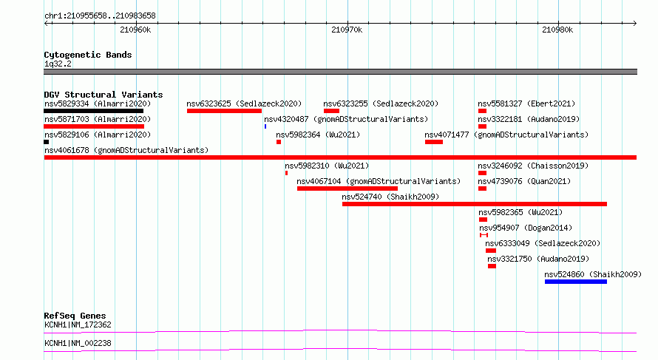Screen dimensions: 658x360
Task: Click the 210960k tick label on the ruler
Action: (135, 30)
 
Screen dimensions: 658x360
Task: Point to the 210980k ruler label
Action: (557, 30)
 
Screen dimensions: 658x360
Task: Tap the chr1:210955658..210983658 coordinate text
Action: (100, 16)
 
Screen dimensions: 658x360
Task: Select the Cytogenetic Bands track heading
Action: (88, 55)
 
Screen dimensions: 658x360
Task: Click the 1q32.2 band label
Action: (58, 64)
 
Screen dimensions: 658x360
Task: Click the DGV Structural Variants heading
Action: (104, 95)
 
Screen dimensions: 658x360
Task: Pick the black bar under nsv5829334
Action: (94, 111)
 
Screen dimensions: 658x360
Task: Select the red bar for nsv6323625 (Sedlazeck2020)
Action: (225, 111)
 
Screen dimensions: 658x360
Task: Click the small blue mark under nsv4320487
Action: (265, 126)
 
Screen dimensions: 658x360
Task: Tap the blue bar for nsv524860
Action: (576, 282)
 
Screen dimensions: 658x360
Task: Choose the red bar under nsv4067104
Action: (347, 189)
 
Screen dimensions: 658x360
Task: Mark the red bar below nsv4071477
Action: (434, 142)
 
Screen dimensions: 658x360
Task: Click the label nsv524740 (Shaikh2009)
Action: (390, 197)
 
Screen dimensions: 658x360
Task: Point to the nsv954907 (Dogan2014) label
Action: (526, 228)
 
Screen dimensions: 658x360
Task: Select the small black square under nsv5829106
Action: (46, 142)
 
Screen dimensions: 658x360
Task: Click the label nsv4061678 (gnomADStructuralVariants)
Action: (126, 150)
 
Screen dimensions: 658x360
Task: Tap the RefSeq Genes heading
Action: (75, 316)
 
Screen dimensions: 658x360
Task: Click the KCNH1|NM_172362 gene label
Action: (78, 325)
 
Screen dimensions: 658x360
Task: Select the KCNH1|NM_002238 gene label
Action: (78, 344)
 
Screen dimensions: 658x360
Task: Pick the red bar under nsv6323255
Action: (331, 111)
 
